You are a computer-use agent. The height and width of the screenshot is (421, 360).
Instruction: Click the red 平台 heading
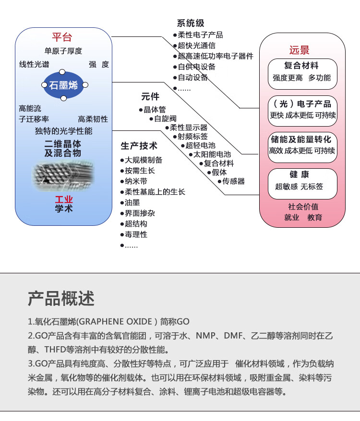point(62,37)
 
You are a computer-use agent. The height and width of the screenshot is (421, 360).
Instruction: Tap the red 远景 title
point(299,50)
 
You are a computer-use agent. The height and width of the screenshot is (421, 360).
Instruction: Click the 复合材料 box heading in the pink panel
point(301,66)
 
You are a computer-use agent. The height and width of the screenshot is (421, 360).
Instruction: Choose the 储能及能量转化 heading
point(301,140)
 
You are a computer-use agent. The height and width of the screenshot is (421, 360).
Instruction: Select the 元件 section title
point(150,96)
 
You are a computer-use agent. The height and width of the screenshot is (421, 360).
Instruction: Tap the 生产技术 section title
point(139,146)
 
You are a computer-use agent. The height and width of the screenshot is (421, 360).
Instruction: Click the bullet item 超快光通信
point(196,46)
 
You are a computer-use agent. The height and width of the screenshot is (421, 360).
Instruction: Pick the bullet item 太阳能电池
point(212,154)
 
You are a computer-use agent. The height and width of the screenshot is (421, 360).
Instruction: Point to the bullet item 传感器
point(233,181)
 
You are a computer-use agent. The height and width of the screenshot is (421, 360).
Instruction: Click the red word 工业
point(64,199)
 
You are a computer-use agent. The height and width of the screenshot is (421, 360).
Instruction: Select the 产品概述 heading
point(61,298)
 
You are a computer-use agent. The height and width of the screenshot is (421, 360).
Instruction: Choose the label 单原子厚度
point(63,51)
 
